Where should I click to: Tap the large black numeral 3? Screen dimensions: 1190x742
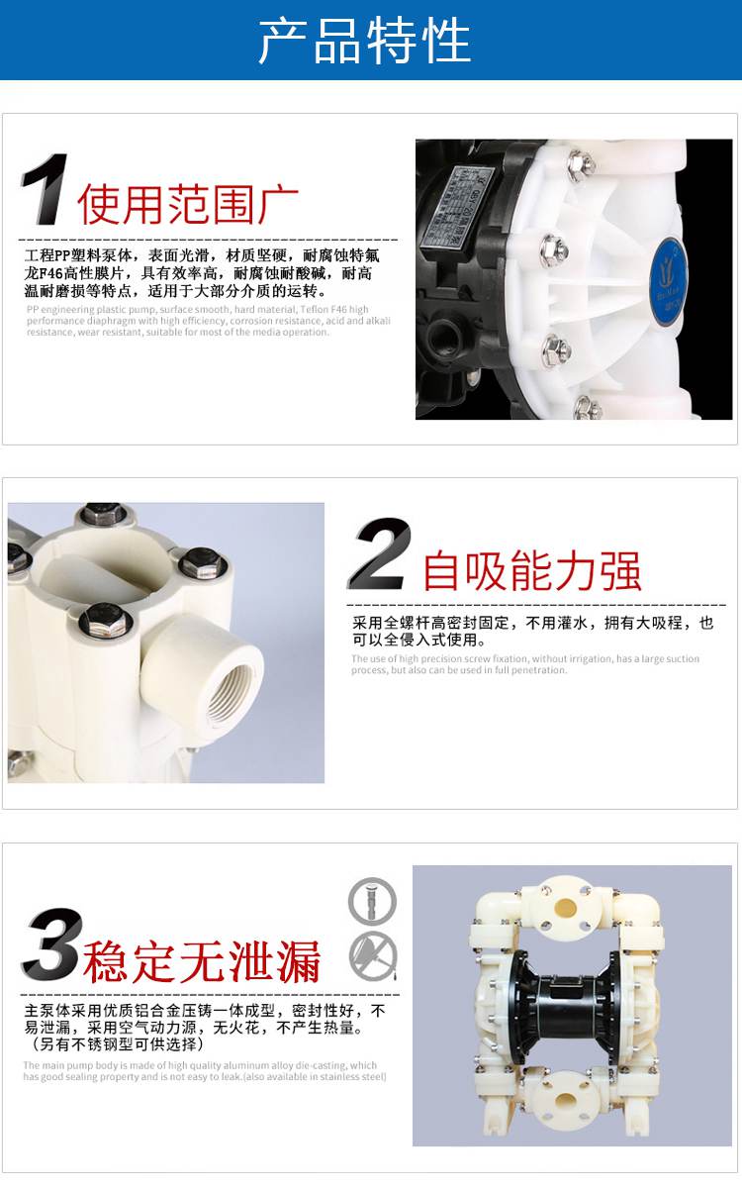(x=51, y=945)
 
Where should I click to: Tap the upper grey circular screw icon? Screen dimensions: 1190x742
(x=372, y=901)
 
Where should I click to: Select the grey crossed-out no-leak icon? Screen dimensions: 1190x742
(x=372, y=955)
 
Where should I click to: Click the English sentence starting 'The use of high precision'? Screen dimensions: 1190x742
(x=524, y=664)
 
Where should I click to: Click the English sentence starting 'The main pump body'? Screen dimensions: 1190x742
(x=204, y=1071)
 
